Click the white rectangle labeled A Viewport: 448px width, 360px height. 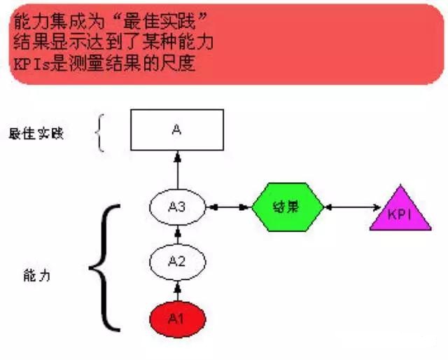tap(177, 130)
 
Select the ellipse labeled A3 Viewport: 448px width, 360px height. tap(177, 207)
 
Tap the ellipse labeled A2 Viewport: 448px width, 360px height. tap(177, 262)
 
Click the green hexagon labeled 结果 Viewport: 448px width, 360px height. tap(287, 207)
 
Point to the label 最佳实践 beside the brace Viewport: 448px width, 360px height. tap(36, 133)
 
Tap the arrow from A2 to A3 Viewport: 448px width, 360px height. tap(177, 235)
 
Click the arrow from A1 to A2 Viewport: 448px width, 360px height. tap(177, 290)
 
